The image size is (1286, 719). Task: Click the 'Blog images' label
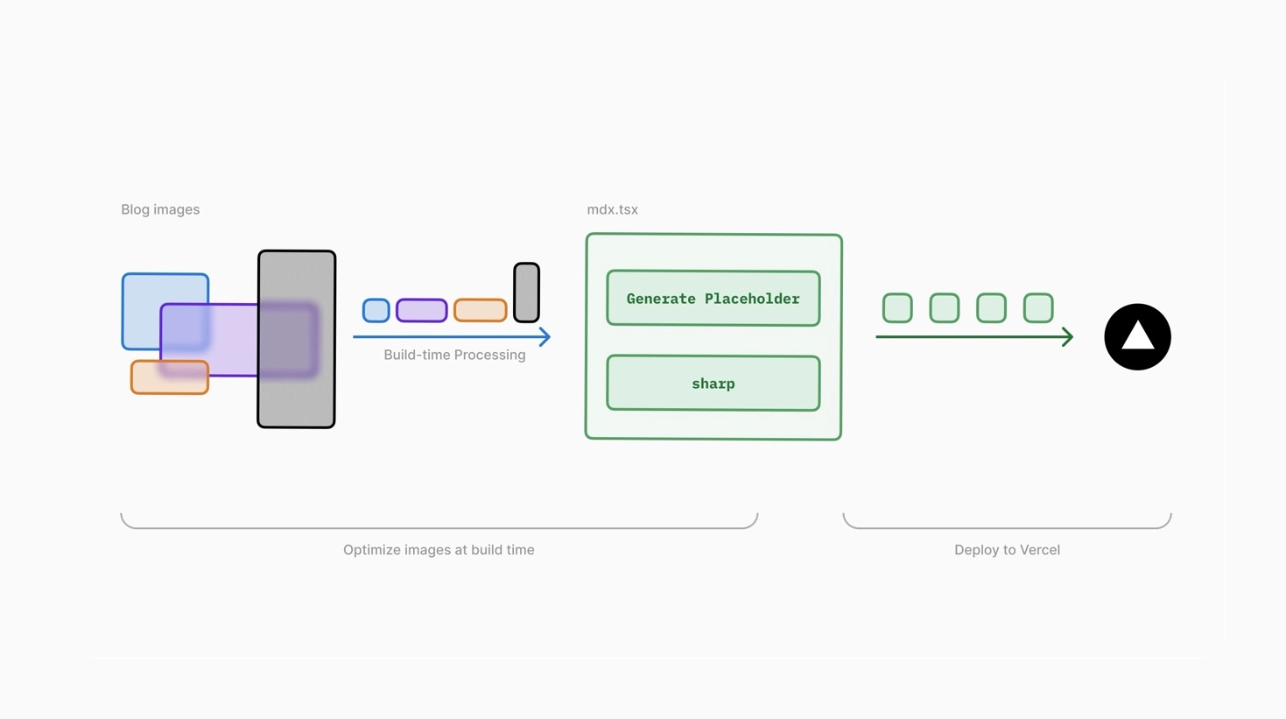click(x=160, y=209)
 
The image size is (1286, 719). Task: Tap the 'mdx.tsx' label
click(x=612, y=209)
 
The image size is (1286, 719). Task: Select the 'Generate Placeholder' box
click(x=713, y=299)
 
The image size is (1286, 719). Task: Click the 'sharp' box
click(x=713, y=384)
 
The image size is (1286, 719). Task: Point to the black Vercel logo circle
click(x=1137, y=337)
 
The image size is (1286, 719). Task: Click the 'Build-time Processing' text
click(x=454, y=355)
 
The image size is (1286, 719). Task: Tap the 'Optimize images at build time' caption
click(x=439, y=550)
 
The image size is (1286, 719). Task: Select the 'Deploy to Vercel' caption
click(x=1007, y=550)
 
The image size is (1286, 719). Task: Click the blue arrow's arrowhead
click(x=545, y=336)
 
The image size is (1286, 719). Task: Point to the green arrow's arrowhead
click(x=1068, y=336)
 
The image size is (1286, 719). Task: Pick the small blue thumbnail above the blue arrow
click(x=376, y=310)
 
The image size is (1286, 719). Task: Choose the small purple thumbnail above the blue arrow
click(x=422, y=310)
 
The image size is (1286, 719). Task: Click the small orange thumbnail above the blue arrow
click(x=481, y=310)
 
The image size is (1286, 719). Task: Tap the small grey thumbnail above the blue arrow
click(x=526, y=293)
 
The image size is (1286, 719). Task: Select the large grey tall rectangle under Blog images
click(x=297, y=339)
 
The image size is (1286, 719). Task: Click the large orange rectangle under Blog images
click(x=170, y=377)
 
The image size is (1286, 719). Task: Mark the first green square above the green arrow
click(x=897, y=308)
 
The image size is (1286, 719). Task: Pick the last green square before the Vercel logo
click(x=1038, y=308)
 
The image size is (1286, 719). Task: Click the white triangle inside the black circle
click(x=1137, y=335)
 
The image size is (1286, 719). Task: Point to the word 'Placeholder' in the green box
click(x=752, y=299)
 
